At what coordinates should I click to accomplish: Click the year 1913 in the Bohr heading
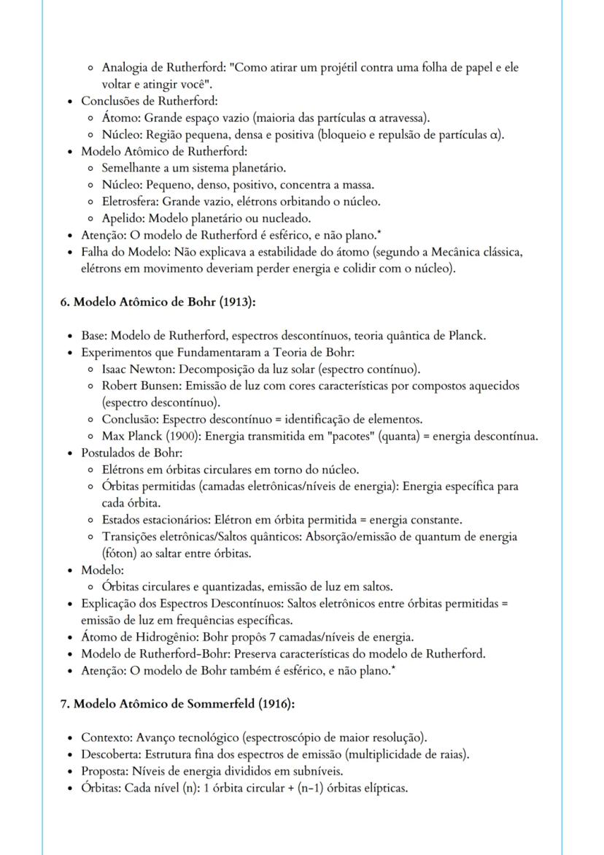[x=232, y=302]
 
